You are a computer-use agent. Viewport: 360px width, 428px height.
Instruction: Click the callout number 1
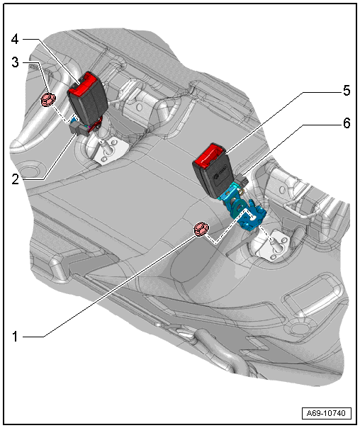pyautogui.click(x=15, y=337)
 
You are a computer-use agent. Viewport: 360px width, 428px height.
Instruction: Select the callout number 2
pyautogui.click(x=16, y=179)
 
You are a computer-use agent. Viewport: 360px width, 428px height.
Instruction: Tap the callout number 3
pyautogui.click(x=16, y=62)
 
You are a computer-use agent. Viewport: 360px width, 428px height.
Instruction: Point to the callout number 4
pyautogui.click(x=15, y=39)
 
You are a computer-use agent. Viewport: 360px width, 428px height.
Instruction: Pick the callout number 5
pyautogui.click(x=347, y=91)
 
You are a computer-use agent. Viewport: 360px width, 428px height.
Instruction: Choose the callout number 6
pyautogui.click(x=347, y=123)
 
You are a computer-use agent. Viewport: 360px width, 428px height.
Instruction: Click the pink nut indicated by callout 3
pyautogui.click(x=48, y=100)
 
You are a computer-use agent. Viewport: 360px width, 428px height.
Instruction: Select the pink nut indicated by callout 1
pyautogui.click(x=201, y=230)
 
